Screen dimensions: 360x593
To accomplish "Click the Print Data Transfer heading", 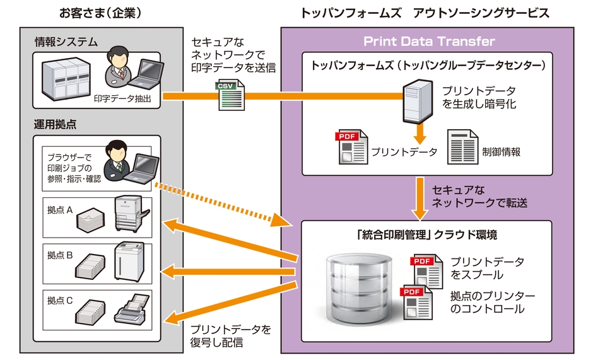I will coord(429,42).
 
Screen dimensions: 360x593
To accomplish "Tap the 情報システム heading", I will coord(66,42).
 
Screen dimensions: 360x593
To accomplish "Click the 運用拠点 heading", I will coord(55,124).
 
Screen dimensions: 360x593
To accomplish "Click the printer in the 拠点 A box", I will coord(132,214).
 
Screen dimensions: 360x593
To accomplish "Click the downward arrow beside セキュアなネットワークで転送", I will coord(420,195).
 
